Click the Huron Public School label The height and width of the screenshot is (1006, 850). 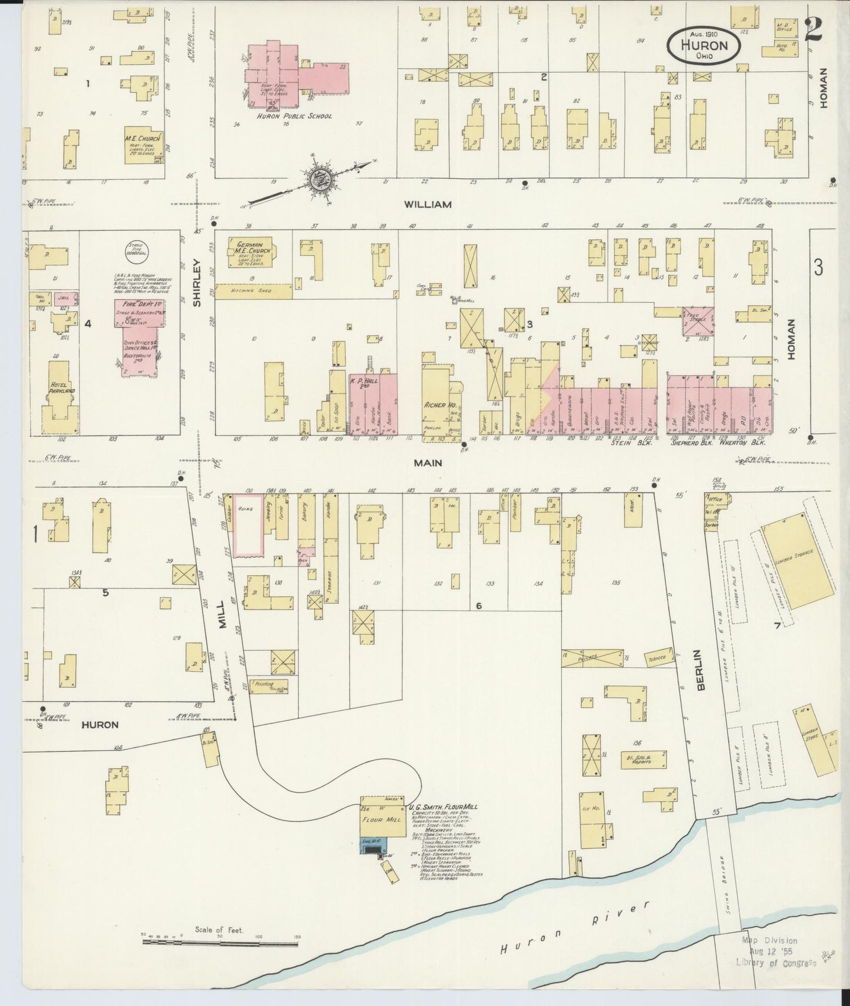[294, 116]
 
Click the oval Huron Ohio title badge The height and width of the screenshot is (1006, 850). [704, 44]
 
